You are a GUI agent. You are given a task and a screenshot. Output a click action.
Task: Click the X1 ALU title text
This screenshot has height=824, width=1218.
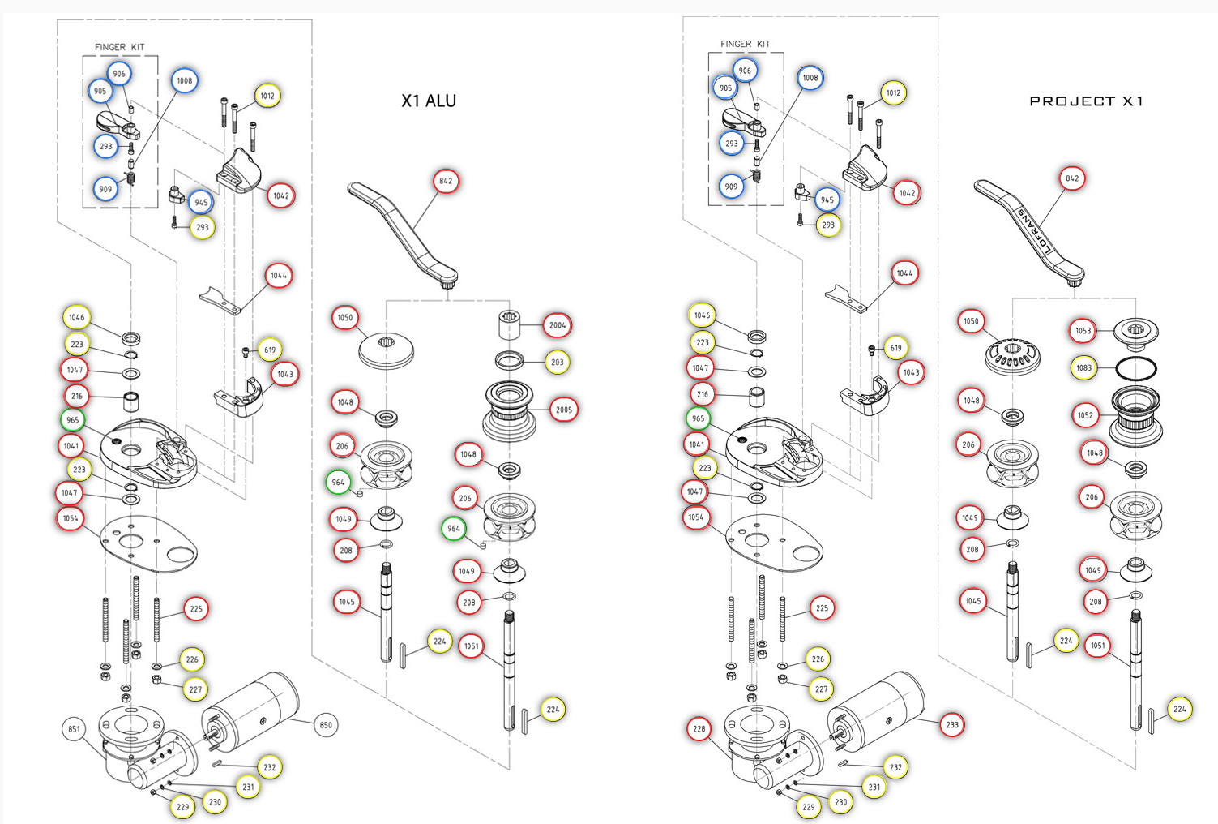coord(429,101)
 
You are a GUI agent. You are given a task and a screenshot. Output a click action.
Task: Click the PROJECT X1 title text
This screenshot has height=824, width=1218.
coord(1086,101)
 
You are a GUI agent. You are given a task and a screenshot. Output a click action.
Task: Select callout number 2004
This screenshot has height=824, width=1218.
coord(558,325)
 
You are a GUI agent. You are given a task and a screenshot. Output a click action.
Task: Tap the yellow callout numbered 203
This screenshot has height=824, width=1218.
coord(558,362)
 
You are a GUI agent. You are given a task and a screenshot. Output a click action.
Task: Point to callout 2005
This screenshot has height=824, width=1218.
coord(564,410)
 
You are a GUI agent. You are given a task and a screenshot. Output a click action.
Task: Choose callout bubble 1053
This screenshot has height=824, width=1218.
coord(1083,330)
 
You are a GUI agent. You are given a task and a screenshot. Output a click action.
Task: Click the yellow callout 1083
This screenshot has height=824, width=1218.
coord(1084,367)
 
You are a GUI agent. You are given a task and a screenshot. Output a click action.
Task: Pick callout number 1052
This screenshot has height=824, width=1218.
coord(1085,415)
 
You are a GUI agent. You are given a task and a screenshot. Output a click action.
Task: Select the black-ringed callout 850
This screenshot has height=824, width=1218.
coord(326,725)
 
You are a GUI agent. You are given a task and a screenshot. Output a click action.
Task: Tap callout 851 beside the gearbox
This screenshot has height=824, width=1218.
coord(74,728)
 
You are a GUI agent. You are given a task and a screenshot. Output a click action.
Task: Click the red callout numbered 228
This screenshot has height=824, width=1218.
coord(699,728)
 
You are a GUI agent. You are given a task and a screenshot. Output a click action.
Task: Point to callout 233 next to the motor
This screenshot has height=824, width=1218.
coord(952,725)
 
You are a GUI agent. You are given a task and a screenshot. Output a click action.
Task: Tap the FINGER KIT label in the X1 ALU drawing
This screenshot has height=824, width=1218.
coord(119,47)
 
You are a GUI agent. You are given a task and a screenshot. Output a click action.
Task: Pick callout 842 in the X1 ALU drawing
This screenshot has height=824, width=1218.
coord(446,181)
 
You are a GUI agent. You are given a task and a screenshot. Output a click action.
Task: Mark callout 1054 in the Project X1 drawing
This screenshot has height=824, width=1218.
coord(696,517)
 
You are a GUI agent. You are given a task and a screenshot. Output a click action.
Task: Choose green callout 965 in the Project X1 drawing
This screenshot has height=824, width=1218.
coord(699,418)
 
